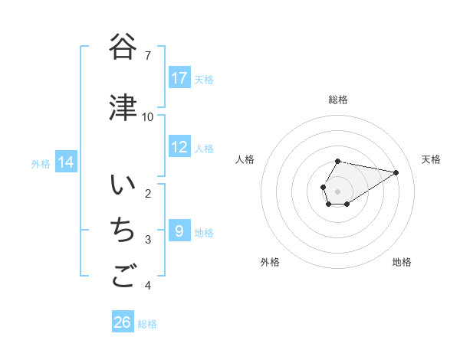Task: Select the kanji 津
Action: click(x=123, y=107)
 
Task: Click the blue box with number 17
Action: click(x=179, y=77)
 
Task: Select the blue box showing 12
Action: click(x=179, y=147)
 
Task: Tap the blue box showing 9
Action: click(x=179, y=231)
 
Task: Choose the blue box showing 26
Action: click(x=123, y=322)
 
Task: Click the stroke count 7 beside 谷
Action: click(x=148, y=56)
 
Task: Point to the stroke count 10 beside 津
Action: click(x=148, y=116)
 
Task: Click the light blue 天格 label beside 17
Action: click(x=204, y=79)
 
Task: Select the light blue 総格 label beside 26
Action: click(x=147, y=324)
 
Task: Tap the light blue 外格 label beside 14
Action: click(x=41, y=163)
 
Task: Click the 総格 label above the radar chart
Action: click(x=338, y=100)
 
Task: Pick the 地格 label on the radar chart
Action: click(x=402, y=262)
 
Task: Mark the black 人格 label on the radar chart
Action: click(x=245, y=159)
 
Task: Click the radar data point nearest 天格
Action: click(x=396, y=172)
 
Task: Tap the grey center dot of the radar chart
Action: click(x=338, y=191)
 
